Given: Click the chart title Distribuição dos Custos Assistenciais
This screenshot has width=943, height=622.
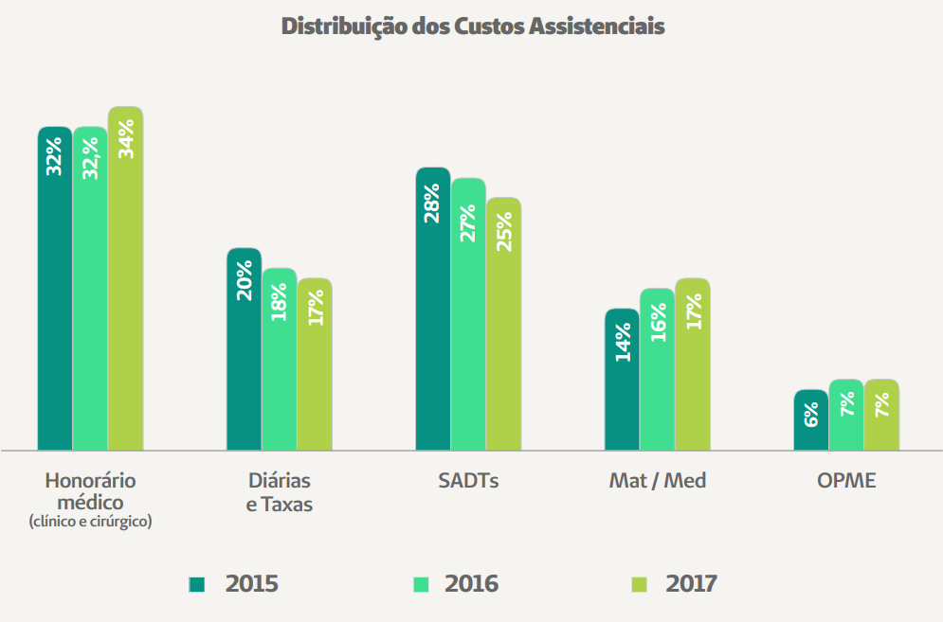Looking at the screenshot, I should pos(473,27).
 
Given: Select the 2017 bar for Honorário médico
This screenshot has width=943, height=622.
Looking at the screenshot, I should pos(125,284).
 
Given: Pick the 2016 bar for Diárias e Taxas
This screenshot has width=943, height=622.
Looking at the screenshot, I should pos(280,360).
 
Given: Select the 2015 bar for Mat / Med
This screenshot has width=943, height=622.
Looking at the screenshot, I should pos(622,379).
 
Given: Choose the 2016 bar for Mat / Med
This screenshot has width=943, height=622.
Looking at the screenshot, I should pos(657,369).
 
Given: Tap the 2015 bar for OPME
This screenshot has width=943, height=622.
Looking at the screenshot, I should pos(810,420).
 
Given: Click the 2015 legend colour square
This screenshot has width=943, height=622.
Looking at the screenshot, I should pos(197,584).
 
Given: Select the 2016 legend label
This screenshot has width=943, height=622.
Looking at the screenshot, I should pos(471,584).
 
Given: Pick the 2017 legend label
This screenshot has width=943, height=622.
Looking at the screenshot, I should pos(692,584).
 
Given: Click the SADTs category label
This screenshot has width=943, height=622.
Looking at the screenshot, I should pos(468,481).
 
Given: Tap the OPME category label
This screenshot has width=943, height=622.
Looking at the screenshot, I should pos(846,481).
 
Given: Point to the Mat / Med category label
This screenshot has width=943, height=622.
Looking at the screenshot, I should pos(658,481).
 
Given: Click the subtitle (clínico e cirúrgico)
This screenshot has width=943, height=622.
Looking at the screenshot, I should pos(91,521).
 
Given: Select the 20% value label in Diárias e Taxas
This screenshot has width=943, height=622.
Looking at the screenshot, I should pos(245,280).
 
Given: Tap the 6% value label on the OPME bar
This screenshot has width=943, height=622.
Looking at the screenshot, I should pos(811,415).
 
